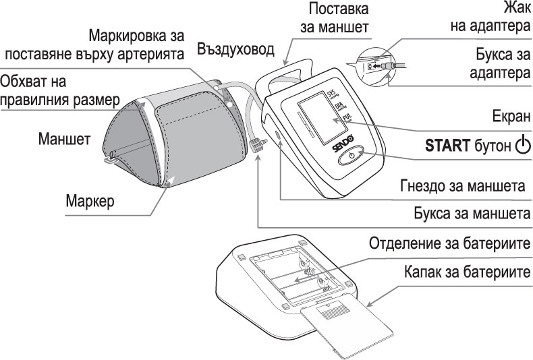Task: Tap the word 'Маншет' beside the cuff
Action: click(x=64, y=140)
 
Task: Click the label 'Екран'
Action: click(x=509, y=115)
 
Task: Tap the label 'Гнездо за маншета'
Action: click(x=462, y=185)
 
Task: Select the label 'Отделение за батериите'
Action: click(x=449, y=243)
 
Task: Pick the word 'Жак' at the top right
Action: click(x=517, y=8)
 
